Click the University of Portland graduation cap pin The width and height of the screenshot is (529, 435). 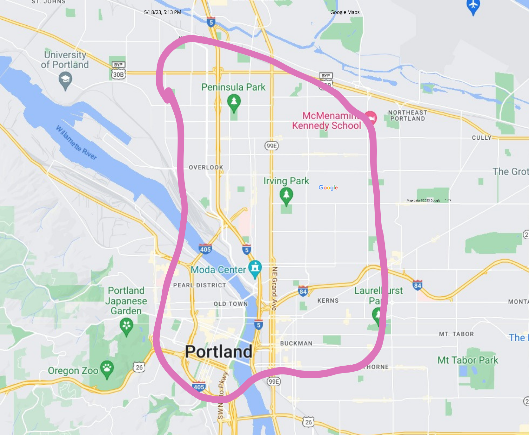65,80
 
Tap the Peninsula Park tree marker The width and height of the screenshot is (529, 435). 234,102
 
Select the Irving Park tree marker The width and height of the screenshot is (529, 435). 286,195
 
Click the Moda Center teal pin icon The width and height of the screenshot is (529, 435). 255,268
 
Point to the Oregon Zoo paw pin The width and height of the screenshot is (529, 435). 107,368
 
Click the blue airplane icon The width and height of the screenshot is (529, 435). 473,5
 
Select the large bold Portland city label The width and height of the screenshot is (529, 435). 219,352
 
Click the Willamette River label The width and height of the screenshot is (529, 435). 76,143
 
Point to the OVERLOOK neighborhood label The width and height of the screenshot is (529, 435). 206,167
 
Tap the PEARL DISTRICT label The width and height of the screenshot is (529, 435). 199,285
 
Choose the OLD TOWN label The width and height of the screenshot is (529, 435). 230,304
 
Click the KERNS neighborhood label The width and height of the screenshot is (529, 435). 328,300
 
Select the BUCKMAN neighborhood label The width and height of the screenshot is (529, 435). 296,343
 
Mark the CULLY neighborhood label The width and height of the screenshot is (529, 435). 481,138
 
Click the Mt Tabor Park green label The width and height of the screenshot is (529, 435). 468,360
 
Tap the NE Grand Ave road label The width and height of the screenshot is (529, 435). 274,288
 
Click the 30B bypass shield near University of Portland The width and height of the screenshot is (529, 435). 119,74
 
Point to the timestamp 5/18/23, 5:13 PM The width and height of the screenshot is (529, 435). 163,12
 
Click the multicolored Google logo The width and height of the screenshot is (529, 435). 328,188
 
